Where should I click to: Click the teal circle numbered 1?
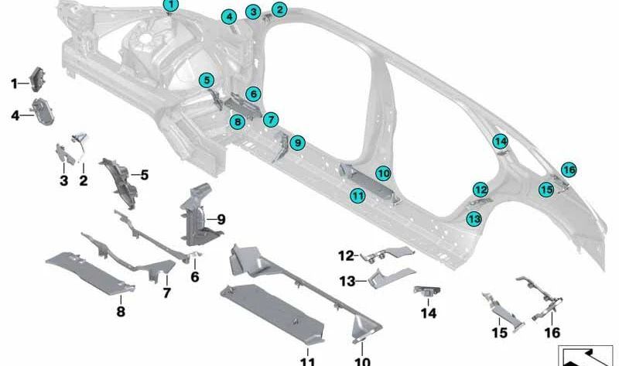170,5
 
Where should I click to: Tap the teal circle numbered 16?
569,169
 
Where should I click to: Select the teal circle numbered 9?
297,142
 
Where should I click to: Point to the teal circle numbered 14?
501,142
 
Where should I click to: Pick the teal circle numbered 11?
357,197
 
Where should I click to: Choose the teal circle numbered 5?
206,79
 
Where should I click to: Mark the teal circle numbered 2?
279,10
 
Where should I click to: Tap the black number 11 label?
307,361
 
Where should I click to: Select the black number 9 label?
221,220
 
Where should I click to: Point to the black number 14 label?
429,313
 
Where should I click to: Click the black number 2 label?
83,180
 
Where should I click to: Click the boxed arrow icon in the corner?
584,355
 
